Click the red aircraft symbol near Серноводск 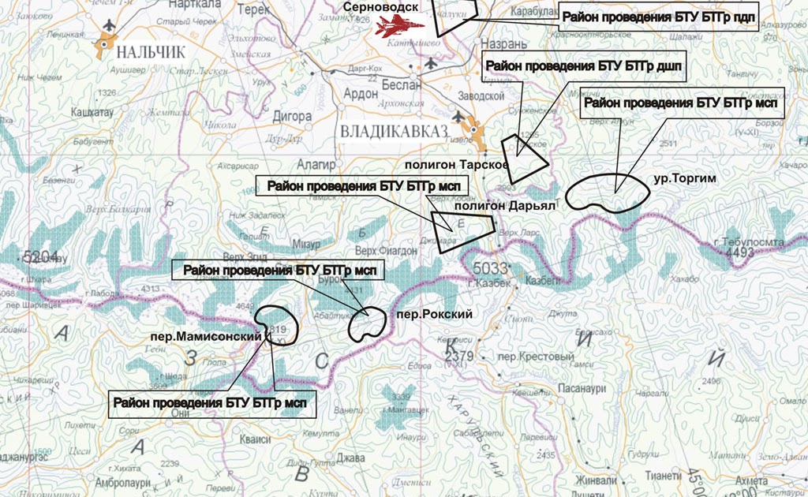399,26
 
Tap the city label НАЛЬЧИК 150,53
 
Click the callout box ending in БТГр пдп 658,17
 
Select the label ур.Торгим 684,179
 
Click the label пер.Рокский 436,315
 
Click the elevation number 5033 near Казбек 491,268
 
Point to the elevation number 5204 41,256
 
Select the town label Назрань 500,44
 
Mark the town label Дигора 291,117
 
